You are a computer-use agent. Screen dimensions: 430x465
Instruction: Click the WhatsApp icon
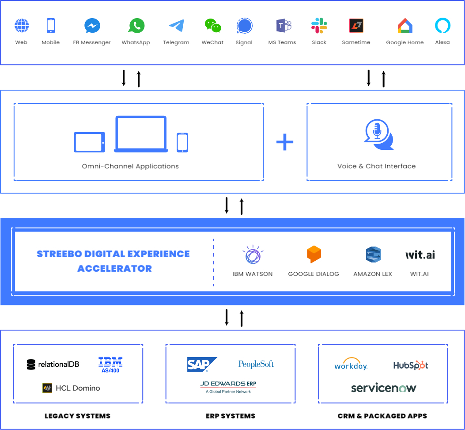(x=136, y=26)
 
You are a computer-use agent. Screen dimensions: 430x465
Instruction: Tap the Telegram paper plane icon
(x=176, y=26)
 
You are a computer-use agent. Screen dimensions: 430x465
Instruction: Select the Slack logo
(x=319, y=26)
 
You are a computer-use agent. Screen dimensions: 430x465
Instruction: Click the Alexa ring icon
(x=442, y=26)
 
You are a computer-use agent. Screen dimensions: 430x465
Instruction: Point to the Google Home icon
(x=405, y=26)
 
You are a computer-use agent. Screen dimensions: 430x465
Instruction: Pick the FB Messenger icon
(x=92, y=26)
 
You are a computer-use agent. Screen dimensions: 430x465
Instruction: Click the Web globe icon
(x=21, y=26)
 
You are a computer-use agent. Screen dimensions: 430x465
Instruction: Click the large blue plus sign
(x=285, y=142)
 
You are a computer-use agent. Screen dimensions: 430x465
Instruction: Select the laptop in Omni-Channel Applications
(x=141, y=134)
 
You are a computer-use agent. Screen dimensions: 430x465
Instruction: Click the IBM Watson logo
(x=253, y=255)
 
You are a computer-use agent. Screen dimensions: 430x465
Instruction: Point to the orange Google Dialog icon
(x=314, y=255)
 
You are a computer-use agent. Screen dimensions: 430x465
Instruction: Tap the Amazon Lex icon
(x=373, y=255)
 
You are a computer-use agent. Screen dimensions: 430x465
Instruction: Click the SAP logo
(x=201, y=365)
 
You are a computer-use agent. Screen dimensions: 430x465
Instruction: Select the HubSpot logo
(x=410, y=365)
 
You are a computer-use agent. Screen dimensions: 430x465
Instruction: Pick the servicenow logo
(x=383, y=388)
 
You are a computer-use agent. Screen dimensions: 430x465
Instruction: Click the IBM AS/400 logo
(x=110, y=365)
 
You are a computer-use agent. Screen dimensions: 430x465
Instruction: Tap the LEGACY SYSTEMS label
(x=77, y=416)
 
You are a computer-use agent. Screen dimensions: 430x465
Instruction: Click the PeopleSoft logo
(x=256, y=364)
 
